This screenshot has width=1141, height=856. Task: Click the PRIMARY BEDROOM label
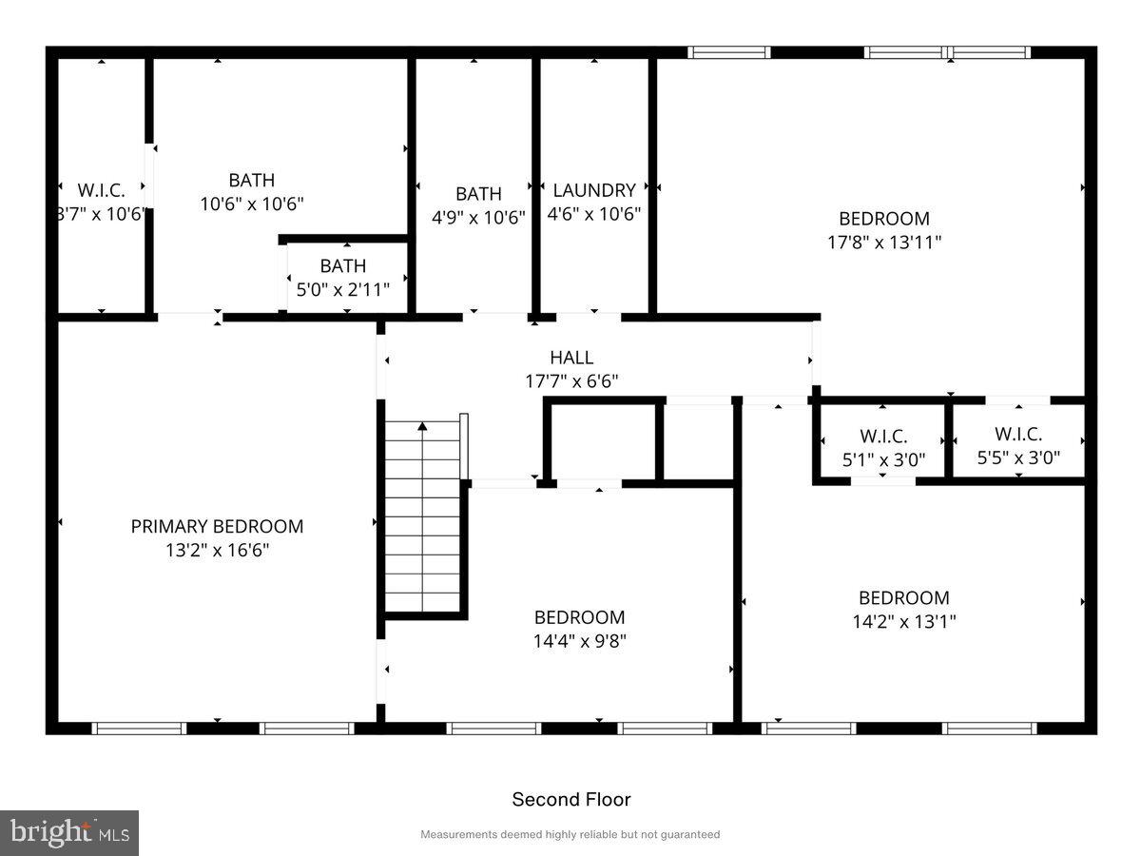217,526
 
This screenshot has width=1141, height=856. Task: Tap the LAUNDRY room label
594,190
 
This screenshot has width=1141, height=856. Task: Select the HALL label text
571,358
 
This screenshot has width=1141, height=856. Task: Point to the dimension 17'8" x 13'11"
884,242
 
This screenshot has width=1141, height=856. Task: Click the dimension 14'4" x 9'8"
579,641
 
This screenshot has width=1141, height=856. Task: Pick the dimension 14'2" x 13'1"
903,621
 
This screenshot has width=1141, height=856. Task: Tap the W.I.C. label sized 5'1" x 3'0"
883,437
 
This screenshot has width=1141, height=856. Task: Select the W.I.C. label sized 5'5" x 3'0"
1018,434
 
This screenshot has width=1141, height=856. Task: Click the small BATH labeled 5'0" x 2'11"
342,266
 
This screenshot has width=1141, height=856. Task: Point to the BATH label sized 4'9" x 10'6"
478,194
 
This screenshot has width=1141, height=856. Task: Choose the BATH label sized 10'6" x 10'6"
252,180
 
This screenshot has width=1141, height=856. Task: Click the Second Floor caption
571,800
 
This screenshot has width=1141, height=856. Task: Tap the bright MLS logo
69,833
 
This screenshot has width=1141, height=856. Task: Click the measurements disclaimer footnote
570,834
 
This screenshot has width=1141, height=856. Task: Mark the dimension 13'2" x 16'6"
217,550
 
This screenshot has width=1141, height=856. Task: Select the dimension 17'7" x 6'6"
571,381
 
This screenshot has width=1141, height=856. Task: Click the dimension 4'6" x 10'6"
594,215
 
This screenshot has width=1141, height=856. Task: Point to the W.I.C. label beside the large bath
101,190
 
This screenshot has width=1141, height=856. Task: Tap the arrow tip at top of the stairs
423,428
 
